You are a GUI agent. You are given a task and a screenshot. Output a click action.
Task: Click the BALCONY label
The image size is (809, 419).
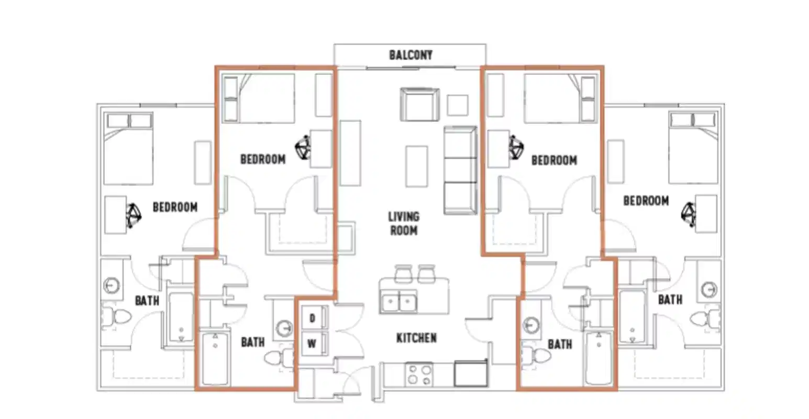pyautogui.click(x=411, y=55)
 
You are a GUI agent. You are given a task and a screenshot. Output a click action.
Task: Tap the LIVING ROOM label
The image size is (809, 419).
pyautogui.click(x=404, y=223)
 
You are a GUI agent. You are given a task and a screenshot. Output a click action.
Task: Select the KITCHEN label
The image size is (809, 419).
pyautogui.click(x=416, y=338)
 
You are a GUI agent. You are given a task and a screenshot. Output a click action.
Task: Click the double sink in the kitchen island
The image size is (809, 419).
pyautogui.click(x=399, y=302)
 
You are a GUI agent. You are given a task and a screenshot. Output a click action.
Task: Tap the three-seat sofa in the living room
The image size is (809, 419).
pyautogui.click(x=460, y=170)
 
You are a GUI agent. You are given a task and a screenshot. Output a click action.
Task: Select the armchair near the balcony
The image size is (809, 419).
pyautogui.click(x=419, y=104)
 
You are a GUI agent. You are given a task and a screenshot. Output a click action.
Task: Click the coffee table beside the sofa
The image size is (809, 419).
pyautogui.click(x=417, y=166)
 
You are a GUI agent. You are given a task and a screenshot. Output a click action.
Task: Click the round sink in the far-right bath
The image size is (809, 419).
pyautogui.click(x=710, y=289)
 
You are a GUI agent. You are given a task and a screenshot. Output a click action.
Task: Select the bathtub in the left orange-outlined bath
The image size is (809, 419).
pyautogui.click(x=215, y=359)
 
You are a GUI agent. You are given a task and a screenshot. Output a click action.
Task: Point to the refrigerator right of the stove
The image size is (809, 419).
pyautogui.click(x=471, y=373)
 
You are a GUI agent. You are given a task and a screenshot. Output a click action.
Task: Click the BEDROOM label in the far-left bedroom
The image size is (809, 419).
pyautogui.click(x=175, y=207)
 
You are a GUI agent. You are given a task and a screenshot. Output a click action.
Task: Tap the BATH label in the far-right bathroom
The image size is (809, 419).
pyautogui.click(x=670, y=300)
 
